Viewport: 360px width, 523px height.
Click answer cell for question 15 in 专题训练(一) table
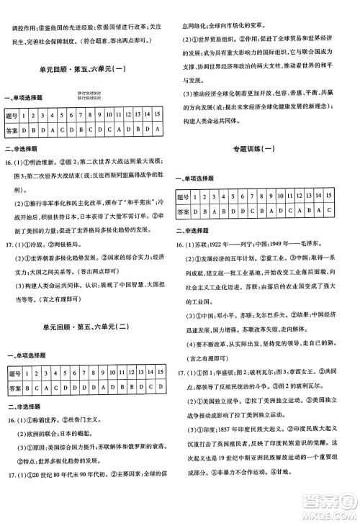click(328, 210)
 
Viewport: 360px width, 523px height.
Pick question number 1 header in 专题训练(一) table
click(204, 196)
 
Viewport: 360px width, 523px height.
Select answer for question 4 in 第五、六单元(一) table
click(54, 129)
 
